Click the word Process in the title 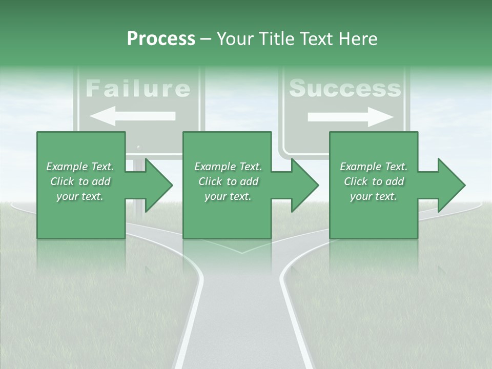161,39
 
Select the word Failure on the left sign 137,88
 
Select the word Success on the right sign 344,88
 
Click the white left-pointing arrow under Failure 132,117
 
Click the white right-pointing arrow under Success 351,117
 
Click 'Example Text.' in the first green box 80,167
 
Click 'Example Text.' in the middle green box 228,167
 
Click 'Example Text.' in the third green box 374,167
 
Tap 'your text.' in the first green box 80,196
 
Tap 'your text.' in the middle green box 228,196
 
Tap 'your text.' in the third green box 374,196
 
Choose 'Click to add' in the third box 374,181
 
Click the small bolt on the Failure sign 138,147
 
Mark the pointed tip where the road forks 241,252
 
